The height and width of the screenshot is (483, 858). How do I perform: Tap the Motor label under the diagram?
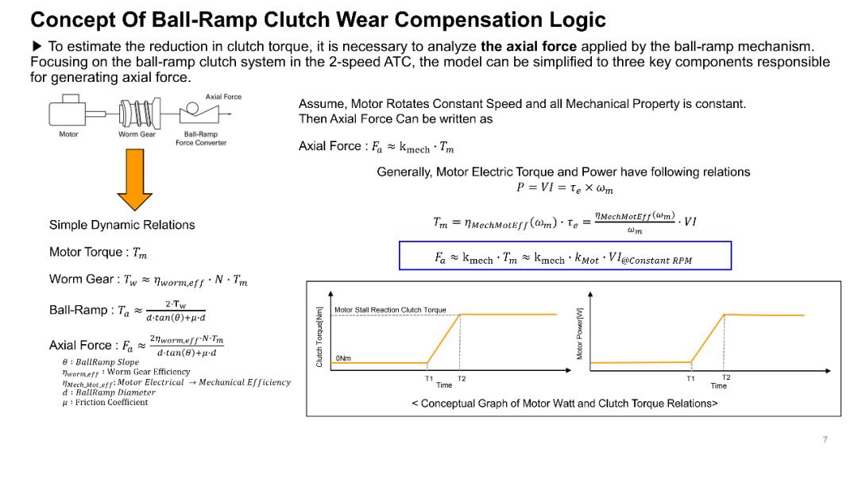tap(69, 134)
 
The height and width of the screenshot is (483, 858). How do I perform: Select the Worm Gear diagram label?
tap(137, 134)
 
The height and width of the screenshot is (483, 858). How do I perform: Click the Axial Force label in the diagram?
tap(223, 97)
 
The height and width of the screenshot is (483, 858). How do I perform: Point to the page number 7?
tap(825, 439)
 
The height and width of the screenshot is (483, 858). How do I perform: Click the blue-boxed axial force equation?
tap(564, 257)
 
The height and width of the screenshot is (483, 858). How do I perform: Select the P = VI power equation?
tap(564, 188)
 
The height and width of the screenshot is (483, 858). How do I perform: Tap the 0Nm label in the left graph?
tap(343, 358)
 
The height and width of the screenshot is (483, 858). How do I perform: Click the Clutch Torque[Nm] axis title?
tap(319, 338)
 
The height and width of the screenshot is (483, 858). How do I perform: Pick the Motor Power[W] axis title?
tap(580, 334)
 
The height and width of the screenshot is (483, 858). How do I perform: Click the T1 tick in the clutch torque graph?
tap(429, 378)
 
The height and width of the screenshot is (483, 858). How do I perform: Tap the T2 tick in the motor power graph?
tap(726, 378)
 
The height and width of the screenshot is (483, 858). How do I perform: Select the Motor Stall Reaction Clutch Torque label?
tap(390, 310)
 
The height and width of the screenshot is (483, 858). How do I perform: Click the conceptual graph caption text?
tap(564, 404)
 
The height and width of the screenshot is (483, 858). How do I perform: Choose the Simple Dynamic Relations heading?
tap(122, 225)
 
